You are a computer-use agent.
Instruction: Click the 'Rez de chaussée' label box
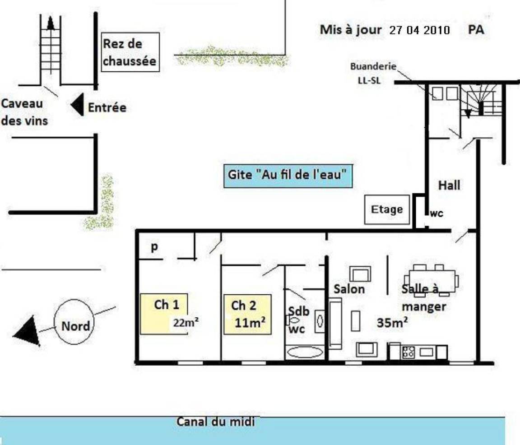point(130,52)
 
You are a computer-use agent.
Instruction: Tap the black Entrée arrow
point(77,104)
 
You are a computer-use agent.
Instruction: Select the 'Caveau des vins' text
point(24,112)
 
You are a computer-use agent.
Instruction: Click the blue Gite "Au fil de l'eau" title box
point(288,176)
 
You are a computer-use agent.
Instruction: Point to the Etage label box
point(387,209)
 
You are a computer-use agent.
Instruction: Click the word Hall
point(449,185)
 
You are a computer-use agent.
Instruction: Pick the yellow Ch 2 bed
point(248,314)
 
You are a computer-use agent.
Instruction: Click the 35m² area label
point(392,322)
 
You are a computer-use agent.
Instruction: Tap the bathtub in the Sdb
point(305,352)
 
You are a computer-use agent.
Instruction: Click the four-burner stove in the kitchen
point(408,352)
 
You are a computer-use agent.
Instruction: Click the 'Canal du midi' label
point(216,422)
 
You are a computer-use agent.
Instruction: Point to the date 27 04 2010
point(419,30)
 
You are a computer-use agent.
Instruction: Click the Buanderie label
point(373,66)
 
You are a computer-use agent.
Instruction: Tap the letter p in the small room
point(154,247)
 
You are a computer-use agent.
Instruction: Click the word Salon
point(349,289)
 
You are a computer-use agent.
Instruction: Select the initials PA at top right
point(476,29)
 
